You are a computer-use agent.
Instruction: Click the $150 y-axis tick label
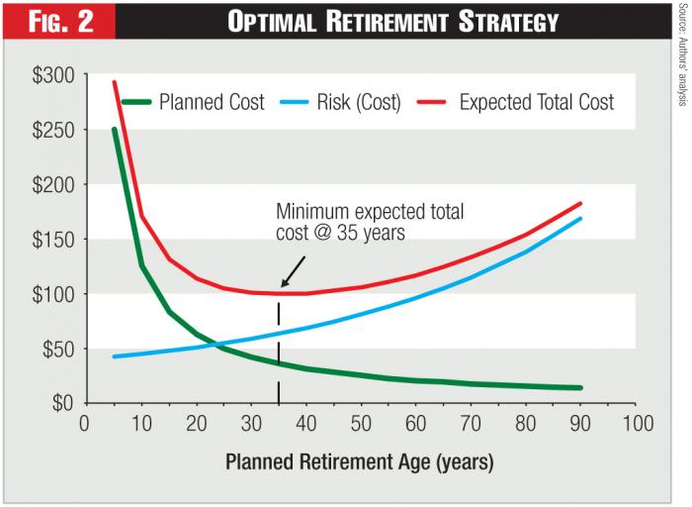[51, 239]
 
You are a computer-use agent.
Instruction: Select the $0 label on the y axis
[59, 403]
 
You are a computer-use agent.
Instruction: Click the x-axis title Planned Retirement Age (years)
[359, 461]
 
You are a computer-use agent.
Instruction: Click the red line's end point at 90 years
[580, 203]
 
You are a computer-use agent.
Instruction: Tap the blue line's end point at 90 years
[580, 218]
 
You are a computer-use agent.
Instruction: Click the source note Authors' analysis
[682, 59]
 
